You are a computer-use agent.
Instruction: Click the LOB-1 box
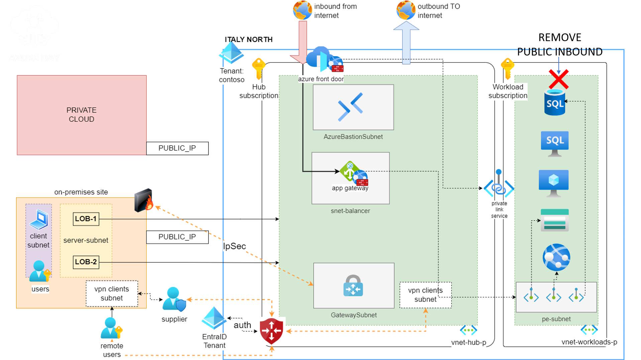coord(86,219)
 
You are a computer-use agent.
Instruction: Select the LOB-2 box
coord(86,262)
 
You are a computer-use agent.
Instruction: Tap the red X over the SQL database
coord(558,79)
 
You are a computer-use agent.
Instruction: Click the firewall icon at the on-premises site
coord(144,200)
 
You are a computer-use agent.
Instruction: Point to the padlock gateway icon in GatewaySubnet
coord(353,286)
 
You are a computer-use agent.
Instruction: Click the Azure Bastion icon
coord(350,107)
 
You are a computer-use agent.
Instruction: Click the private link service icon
coord(499,186)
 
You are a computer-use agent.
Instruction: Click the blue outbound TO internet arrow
coord(406,42)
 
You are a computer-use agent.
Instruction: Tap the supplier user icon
coord(174,299)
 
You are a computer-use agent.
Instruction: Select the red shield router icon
coord(272,331)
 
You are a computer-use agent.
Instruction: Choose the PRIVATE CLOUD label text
coord(81,115)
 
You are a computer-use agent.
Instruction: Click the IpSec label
coord(234,246)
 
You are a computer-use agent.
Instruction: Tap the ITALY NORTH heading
coord(248,39)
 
